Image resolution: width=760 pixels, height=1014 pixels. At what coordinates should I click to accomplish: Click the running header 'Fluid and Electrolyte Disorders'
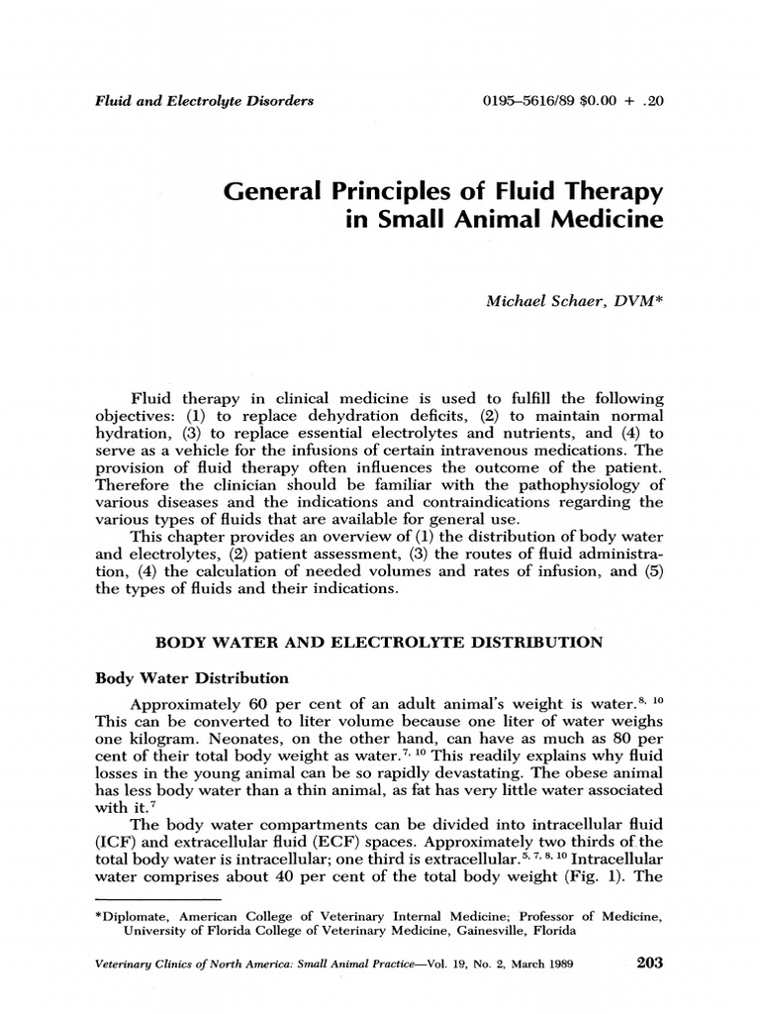(x=204, y=100)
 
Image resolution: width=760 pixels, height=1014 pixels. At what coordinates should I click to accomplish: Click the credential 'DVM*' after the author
(x=634, y=299)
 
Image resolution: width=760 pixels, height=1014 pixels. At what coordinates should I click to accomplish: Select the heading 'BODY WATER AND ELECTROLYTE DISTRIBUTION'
(x=379, y=642)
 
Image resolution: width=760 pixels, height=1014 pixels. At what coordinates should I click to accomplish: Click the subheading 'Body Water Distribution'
(x=191, y=678)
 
